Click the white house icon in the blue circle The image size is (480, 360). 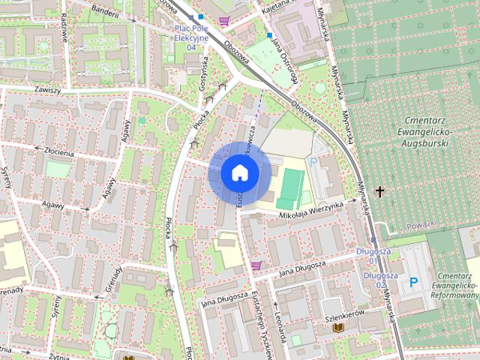point(240,172)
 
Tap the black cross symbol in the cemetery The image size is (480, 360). point(379,192)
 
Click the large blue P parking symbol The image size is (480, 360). point(413,283)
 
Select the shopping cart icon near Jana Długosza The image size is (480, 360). point(256,265)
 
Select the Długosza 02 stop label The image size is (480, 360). point(375,280)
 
